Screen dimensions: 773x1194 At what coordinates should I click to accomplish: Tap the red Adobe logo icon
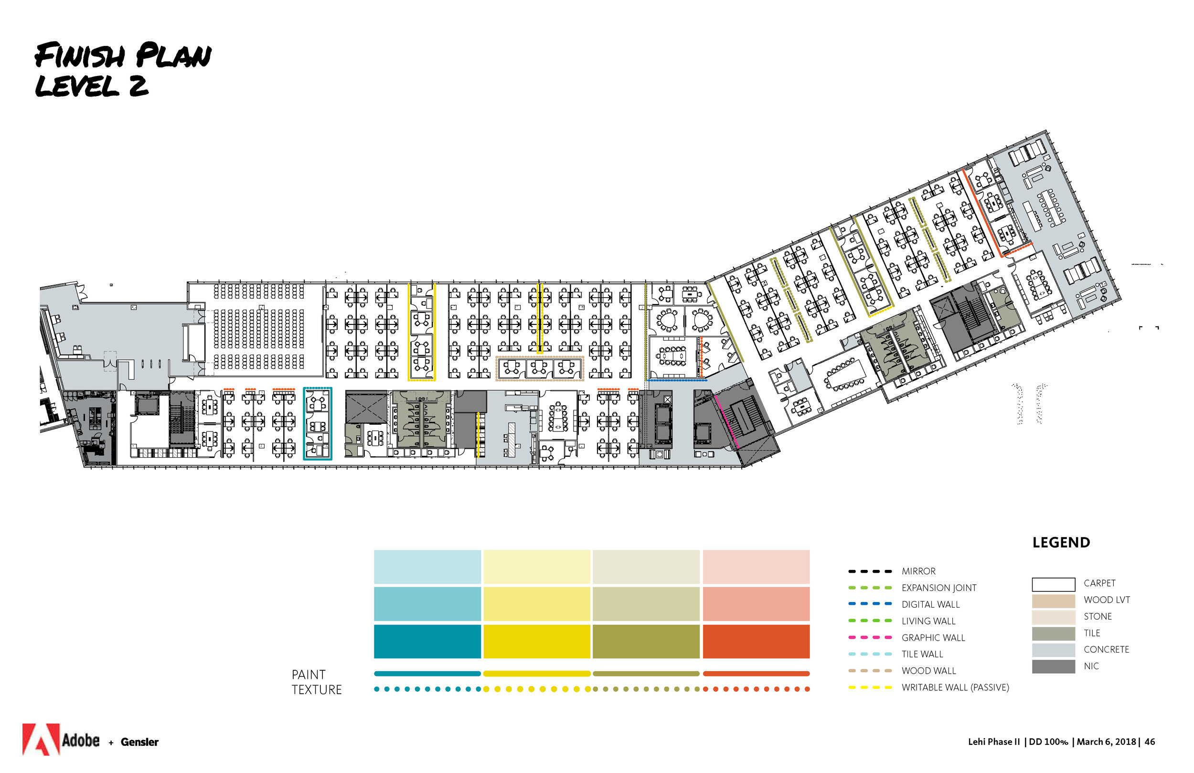tap(41, 739)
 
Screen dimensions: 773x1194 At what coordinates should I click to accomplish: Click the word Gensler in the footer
tap(139, 742)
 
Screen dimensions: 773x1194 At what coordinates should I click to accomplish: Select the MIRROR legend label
tap(918, 571)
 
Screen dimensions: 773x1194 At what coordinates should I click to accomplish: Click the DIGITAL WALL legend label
tap(930, 604)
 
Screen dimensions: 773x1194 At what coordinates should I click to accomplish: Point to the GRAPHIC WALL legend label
tap(933, 637)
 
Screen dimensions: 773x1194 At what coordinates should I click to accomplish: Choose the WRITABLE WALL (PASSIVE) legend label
tap(955, 687)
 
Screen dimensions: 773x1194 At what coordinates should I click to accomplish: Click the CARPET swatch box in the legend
tap(1053, 584)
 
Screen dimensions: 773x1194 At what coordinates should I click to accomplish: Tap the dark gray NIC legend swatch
tap(1053, 666)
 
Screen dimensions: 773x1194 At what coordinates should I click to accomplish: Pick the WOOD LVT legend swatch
tap(1053, 601)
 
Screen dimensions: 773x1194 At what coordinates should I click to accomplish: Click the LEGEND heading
tap(1061, 543)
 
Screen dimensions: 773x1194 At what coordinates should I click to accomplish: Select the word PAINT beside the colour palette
tap(309, 675)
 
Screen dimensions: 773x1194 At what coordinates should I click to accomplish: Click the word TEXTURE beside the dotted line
tap(317, 690)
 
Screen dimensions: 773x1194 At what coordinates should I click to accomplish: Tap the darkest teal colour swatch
tap(427, 641)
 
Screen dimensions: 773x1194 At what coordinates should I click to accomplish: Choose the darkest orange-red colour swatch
tap(756, 641)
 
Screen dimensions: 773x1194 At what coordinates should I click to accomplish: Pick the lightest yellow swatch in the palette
tap(536, 567)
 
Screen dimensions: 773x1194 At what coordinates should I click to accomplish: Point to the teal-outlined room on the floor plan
tap(317, 423)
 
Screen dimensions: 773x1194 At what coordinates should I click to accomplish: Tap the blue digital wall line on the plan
tap(677, 380)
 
